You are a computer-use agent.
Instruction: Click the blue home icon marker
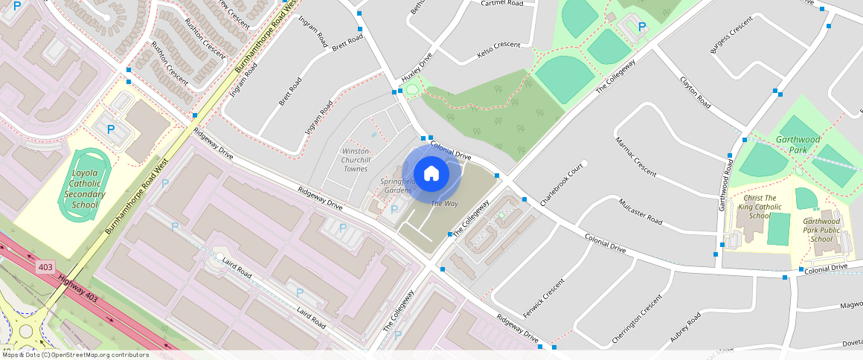(431, 174)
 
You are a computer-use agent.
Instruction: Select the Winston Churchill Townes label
(355, 160)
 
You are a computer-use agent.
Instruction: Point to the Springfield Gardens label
(397, 185)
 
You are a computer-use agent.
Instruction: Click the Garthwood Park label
(798, 144)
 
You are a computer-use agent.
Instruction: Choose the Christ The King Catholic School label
(760, 208)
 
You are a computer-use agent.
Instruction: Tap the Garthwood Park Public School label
(821, 230)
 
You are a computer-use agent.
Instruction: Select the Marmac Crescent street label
(636, 157)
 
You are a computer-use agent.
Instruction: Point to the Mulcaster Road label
(640, 211)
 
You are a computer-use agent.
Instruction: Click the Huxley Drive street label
(417, 68)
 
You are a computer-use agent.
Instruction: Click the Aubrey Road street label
(685, 327)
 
